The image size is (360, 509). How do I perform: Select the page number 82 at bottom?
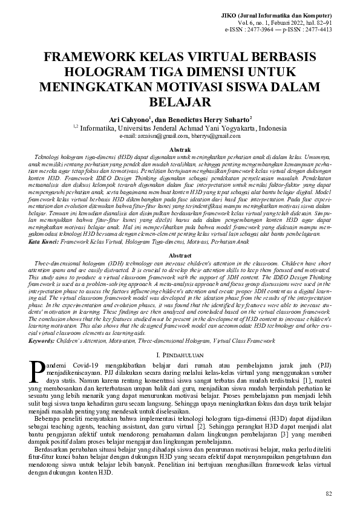click(x=329, y=494)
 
